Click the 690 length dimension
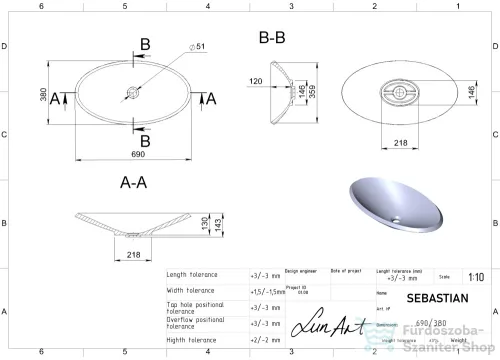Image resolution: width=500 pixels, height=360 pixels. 132,157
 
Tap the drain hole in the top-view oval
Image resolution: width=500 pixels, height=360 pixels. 132,97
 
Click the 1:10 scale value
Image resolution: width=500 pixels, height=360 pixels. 476,279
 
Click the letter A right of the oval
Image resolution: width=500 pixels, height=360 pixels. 211,97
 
